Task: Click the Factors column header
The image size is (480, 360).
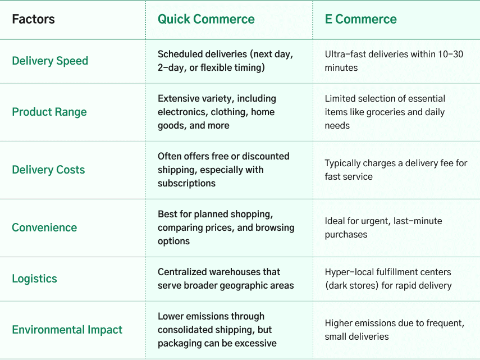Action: [x=33, y=19]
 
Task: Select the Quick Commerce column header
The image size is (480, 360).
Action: [x=206, y=19]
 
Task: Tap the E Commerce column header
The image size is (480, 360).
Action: [x=360, y=19]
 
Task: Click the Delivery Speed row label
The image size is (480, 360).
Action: [x=50, y=61]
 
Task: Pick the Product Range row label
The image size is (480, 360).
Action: [x=49, y=112]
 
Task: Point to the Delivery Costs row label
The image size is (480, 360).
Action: [x=48, y=170]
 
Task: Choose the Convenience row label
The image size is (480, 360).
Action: [x=44, y=228]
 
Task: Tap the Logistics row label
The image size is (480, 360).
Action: [x=35, y=279]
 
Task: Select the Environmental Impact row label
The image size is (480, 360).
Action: [x=67, y=330]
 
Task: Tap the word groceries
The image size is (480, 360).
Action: [x=386, y=112]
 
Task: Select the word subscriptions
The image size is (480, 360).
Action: [x=187, y=183]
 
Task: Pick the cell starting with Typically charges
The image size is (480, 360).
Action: [x=396, y=170]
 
